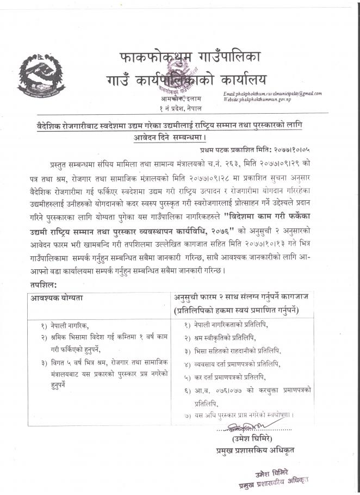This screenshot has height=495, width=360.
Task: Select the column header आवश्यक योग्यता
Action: click(60, 298)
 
